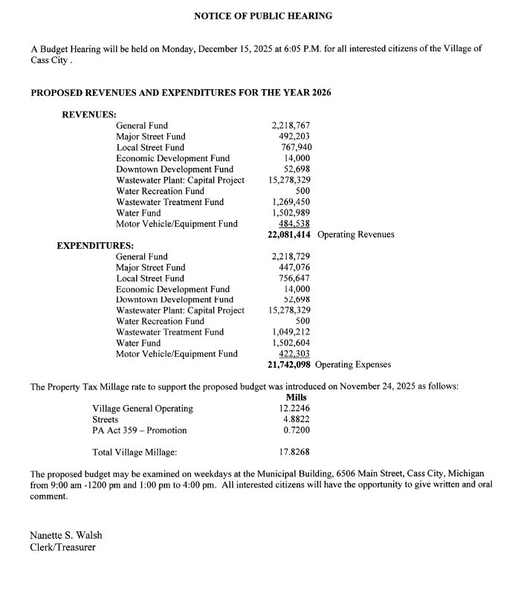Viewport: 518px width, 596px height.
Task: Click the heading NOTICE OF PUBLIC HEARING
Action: [262, 16]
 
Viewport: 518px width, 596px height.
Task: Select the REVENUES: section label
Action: [89, 114]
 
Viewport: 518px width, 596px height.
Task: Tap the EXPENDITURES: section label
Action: [95, 245]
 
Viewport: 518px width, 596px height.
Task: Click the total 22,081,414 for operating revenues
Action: [288, 235]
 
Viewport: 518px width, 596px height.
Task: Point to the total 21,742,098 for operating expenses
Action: [288, 365]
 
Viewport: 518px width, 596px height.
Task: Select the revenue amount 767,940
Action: [296, 147]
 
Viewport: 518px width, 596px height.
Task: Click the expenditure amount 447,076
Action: [294, 268]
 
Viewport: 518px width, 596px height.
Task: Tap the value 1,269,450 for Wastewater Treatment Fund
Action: [291, 202]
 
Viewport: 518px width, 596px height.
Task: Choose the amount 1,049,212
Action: [291, 332]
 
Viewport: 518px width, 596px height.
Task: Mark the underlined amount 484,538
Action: [294, 224]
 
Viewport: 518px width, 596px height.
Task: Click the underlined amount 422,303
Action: [294, 354]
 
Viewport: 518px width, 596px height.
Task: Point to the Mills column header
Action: [296, 398]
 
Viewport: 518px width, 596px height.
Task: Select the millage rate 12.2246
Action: [295, 409]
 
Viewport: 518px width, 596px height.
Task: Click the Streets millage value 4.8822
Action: [297, 419]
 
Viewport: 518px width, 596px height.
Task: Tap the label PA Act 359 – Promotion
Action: [140, 430]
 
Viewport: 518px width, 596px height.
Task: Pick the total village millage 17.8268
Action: [294, 452]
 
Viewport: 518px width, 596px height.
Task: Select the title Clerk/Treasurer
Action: [62, 548]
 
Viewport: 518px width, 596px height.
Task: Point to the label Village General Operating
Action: [143, 409]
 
